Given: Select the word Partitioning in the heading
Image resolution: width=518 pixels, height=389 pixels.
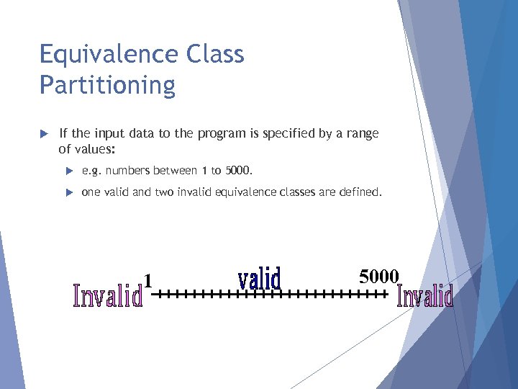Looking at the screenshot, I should pos(107,85).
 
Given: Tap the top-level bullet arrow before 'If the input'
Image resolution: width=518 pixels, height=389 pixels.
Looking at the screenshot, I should pos(43,134).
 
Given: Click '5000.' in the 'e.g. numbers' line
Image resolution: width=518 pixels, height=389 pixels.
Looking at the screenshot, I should pos(239,171).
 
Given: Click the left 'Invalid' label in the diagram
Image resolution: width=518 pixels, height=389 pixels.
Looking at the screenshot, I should pos(108,296).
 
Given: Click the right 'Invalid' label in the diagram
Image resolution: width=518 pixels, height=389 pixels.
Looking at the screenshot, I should pos(425,295).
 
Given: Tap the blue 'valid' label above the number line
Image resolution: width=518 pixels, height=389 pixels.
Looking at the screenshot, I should pos(259,279).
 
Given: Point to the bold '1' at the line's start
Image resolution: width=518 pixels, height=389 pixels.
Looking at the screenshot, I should pos(147,280).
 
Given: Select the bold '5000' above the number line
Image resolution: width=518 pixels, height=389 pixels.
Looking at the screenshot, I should pos(378,275).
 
